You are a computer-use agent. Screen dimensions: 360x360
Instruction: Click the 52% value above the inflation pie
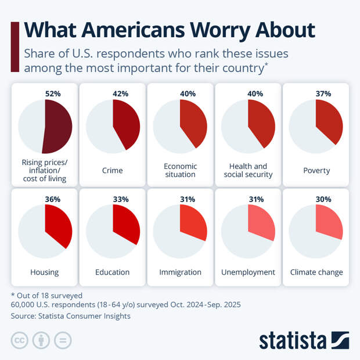tap(53, 93)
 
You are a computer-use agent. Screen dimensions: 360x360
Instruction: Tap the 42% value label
tap(121, 93)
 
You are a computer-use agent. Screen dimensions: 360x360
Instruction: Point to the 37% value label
tap(323, 93)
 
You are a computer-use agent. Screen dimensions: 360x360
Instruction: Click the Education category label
tap(112, 272)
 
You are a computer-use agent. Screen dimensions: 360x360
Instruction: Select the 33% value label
tap(121, 199)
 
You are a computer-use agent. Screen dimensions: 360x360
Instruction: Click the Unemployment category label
tap(248, 272)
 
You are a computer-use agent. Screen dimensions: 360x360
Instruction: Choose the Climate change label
tap(316, 272)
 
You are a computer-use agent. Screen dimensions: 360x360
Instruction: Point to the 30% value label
tap(323, 199)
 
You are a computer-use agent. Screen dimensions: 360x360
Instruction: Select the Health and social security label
tap(248, 170)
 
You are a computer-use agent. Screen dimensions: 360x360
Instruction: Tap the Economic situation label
tap(180, 170)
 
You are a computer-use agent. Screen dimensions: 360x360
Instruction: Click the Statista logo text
tap(293, 340)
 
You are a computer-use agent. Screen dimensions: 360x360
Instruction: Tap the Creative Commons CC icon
tap(20, 340)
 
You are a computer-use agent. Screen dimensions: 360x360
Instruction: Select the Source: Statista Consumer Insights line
tap(70, 316)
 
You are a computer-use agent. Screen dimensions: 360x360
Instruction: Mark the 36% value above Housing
tap(53, 199)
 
